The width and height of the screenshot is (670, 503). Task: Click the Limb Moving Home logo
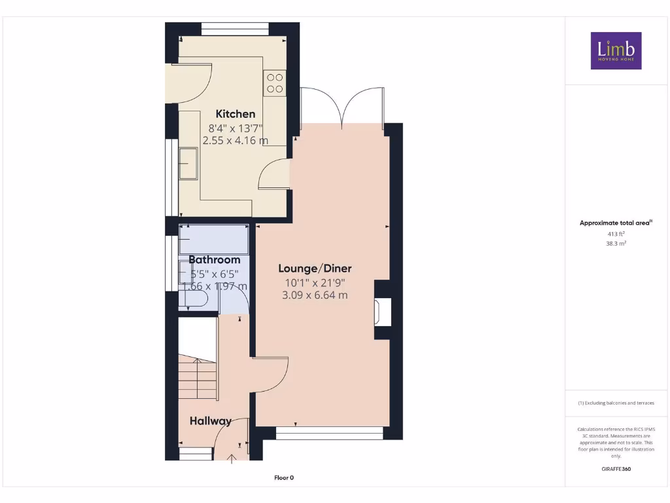tap(616, 50)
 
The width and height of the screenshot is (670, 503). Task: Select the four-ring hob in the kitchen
tap(275, 83)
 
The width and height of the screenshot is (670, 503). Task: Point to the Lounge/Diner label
tap(315, 269)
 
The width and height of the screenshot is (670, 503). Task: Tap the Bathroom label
tap(215, 260)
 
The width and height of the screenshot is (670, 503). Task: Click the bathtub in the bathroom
tap(214, 239)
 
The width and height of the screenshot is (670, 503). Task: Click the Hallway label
tap(211, 421)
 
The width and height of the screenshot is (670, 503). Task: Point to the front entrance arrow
tap(232, 459)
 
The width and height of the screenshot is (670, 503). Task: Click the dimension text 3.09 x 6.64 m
tap(315, 295)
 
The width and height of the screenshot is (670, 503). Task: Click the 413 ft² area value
tap(616, 233)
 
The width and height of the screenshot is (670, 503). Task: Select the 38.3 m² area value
tap(616, 243)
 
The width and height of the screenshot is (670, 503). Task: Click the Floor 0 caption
tap(283, 478)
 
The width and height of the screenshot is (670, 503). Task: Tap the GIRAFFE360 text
tap(616, 469)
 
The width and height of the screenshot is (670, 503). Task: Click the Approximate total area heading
tap(616, 223)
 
